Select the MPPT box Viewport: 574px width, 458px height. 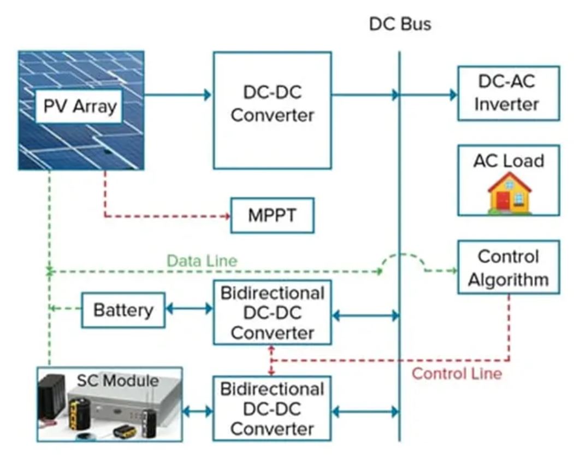(x=273, y=215)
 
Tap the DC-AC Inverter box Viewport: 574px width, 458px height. (x=508, y=93)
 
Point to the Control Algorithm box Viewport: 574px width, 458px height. (x=508, y=268)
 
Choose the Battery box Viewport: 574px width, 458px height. (x=123, y=310)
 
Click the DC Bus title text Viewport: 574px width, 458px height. (x=400, y=24)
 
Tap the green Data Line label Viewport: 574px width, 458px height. (x=202, y=261)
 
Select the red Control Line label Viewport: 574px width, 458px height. (x=457, y=374)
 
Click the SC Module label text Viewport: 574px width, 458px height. (x=117, y=380)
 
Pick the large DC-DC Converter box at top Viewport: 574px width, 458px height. (x=272, y=110)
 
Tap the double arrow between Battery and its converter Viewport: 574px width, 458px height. (x=189, y=309)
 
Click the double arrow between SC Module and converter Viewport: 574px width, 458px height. (x=197, y=410)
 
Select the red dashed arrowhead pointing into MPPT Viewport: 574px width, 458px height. (x=226, y=216)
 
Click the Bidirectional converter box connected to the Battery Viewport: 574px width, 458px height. (x=272, y=313)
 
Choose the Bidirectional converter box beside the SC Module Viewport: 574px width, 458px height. (x=272, y=408)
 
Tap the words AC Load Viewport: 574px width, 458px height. (x=508, y=161)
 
